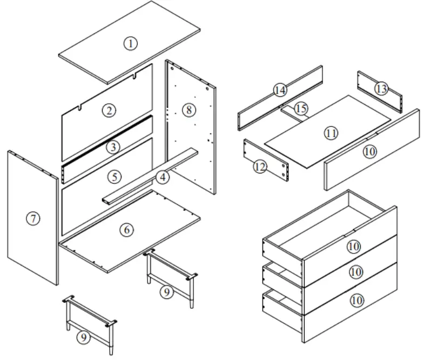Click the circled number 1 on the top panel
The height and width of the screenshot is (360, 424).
pyautogui.click(x=130, y=44)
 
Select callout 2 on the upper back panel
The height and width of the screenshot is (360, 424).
pyautogui.click(x=109, y=111)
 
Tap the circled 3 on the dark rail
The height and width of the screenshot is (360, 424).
pyautogui.click(x=112, y=146)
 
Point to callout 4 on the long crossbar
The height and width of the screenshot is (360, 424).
pyautogui.click(x=162, y=177)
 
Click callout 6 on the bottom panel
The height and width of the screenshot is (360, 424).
pyautogui.click(x=126, y=229)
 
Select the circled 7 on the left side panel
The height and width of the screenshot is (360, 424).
pyautogui.click(x=33, y=218)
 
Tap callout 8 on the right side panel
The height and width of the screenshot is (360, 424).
pyautogui.click(x=187, y=110)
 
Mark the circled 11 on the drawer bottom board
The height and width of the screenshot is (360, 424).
pyautogui.click(x=331, y=132)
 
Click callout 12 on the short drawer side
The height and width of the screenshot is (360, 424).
pyautogui.click(x=260, y=167)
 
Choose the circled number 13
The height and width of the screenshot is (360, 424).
pyautogui.click(x=381, y=88)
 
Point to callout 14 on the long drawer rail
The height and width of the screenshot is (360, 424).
pyautogui.click(x=280, y=90)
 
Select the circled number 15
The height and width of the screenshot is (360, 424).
pyautogui.click(x=301, y=109)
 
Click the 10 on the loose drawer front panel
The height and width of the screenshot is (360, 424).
pyautogui.click(x=369, y=152)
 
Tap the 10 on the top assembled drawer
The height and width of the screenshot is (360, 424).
pyautogui.click(x=353, y=246)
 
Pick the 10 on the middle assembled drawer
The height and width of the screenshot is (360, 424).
pyautogui.click(x=355, y=272)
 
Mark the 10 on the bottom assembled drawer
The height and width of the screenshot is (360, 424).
pyautogui.click(x=355, y=300)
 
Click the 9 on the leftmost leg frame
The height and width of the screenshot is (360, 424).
pyautogui.click(x=83, y=337)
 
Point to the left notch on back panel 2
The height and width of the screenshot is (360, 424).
pyautogui.click(x=80, y=109)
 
